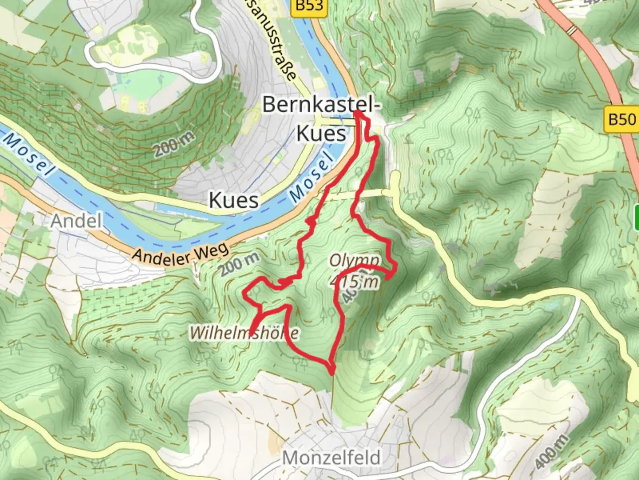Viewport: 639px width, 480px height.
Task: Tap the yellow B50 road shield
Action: pos(621,120)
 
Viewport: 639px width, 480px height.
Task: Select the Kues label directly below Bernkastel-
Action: pos(321,133)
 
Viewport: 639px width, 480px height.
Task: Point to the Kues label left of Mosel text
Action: pos(234,200)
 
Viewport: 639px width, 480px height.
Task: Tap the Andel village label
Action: pos(76,221)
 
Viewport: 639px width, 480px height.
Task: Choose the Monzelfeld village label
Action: pos(331,457)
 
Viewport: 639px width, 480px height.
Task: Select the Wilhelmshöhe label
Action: pos(244,333)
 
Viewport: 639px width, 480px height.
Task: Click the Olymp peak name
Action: pos(355,260)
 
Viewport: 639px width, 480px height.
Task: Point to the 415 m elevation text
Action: pos(355,281)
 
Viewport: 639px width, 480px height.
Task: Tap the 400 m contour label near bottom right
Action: pos(551,451)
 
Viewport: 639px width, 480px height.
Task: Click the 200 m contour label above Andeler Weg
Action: pos(240,265)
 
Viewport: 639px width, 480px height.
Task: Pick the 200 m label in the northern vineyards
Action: pos(174,144)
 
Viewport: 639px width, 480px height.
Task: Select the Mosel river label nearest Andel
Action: pos(28,153)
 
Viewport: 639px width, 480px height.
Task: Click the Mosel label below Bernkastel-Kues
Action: pos(311,177)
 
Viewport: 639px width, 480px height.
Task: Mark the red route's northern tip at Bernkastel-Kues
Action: pos(358,114)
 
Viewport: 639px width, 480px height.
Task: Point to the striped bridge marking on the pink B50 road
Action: pos(572,30)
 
